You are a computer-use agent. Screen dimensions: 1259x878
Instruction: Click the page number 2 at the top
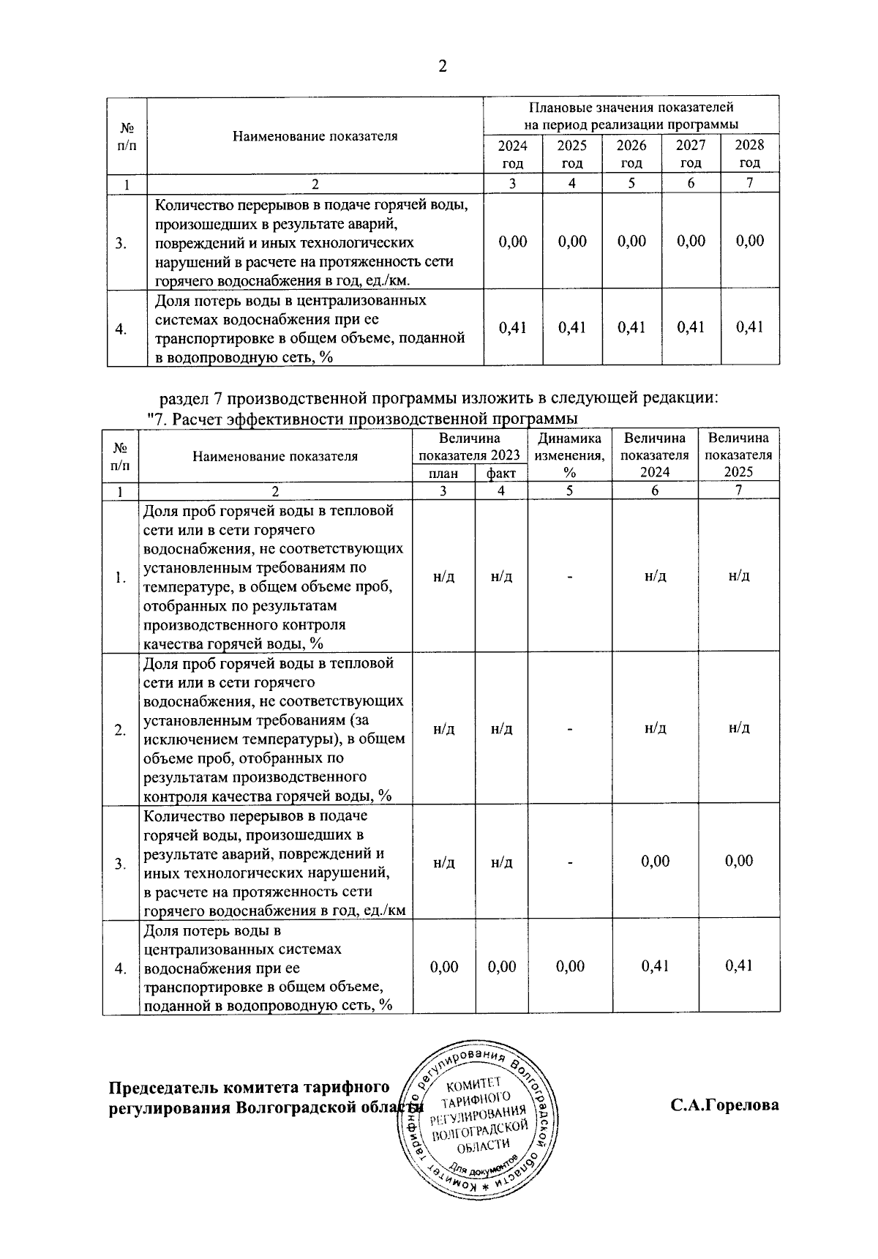click(441, 67)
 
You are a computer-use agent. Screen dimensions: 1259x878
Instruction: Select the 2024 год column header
click(512, 154)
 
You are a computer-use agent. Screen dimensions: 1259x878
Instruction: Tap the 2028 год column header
click(749, 154)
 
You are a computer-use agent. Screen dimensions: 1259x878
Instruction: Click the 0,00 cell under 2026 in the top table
click(631, 242)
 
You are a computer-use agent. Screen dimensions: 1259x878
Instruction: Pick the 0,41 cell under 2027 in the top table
click(691, 327)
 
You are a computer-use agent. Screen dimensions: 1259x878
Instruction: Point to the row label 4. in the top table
click(122, 329)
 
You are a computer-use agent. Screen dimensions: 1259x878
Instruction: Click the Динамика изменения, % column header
click(569, 455)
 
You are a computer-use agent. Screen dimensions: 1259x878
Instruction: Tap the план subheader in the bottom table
click(443, 474)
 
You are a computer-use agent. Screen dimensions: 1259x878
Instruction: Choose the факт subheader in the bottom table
click(501, 474)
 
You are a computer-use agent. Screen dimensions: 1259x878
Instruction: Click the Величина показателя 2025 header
click(738, 455)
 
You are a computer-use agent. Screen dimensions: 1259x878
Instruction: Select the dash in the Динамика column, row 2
click(569, 729)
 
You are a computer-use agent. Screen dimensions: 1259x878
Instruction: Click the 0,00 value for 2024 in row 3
click(655, 862)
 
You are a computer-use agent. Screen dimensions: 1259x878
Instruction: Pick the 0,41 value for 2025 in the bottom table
click(739, 966)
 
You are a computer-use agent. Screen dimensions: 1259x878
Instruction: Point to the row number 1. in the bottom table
click(121, 578)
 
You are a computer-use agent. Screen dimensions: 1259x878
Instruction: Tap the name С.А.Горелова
click(724, 1105)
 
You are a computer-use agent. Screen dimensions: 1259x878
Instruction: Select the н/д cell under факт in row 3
click(501, 863)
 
